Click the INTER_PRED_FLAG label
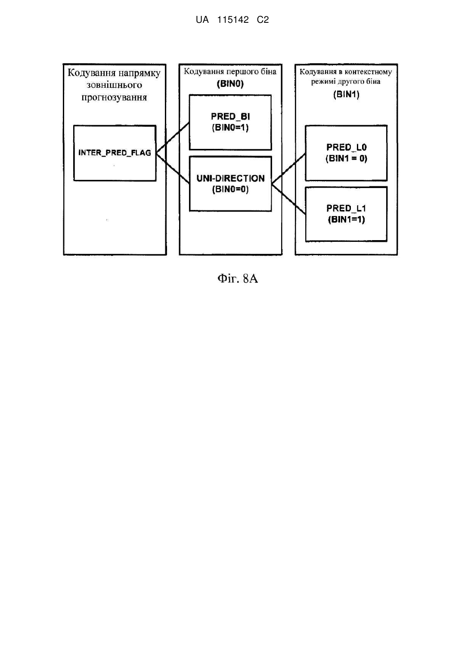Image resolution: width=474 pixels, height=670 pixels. pyautogui.click(x=115, y=153)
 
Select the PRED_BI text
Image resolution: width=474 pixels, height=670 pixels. pyautogui.click(x=230, y=116)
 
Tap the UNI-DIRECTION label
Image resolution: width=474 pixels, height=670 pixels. pyautogui.click(x=230, y=178)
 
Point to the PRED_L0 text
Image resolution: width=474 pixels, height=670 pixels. pyautogui.click(x=346, y=147)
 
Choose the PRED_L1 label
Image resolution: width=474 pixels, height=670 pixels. pyautogui.click(x=346, y=208)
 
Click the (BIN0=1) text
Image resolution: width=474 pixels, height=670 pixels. pyautogui.click(x=230, y=128)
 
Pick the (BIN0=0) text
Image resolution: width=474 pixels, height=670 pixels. pyautogui.click(x=230, y=189)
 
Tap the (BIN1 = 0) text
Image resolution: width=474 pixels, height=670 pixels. pyautogui.click(x=346, y=158)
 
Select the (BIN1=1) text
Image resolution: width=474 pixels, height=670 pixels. pyautogui.click(x=346, y=219)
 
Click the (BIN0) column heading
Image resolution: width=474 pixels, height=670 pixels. pyautogui.click(x=230, y=84)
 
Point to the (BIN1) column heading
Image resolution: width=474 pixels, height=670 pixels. pyautogui.click(x=346, y=95)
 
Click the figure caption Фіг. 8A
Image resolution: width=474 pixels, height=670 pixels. pyautogui.click(x=238, y=279)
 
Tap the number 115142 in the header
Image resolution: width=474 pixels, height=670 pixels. pyautogui.click(x=233, y=20)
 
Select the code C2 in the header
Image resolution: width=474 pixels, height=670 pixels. pyautogui.click(x=263, y=20)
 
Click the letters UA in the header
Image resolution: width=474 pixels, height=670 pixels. pyautogui.click(x=202, y=20)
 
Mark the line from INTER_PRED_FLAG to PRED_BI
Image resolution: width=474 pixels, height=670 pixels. pyautogui.click(x=173, y=138)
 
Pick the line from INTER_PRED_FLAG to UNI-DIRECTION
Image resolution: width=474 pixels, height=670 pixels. pyautogui.click(x=173, y=168)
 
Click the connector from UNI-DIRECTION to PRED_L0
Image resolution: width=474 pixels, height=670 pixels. pyautogui.click(x=288, y=168)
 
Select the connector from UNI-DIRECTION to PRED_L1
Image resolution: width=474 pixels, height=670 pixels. pyautogui.click(x=288, y=199)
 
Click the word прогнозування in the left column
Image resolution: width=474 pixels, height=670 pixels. pyautogui.click(x=115, y=98)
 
